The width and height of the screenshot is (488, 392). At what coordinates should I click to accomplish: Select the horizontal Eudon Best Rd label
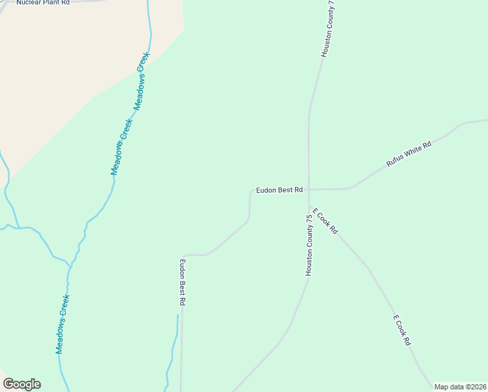point(279,190)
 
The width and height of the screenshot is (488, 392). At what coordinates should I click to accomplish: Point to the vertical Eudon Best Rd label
point(183,283)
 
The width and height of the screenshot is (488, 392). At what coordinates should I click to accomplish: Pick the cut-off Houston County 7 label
point(328,29)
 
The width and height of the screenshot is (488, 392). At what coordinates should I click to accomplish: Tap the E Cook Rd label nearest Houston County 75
point(324,221)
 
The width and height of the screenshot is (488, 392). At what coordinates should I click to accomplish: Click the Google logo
point(22,384)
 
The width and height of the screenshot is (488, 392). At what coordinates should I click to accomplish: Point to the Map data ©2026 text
point(460,387)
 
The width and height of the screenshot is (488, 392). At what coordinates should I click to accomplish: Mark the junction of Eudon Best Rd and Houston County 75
point(309,189)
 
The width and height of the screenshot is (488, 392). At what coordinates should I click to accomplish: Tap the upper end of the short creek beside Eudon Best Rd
point(177,316)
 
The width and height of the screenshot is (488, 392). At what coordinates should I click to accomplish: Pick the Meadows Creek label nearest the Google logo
point(63,324)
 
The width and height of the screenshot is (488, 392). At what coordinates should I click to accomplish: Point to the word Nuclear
point(29,3)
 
